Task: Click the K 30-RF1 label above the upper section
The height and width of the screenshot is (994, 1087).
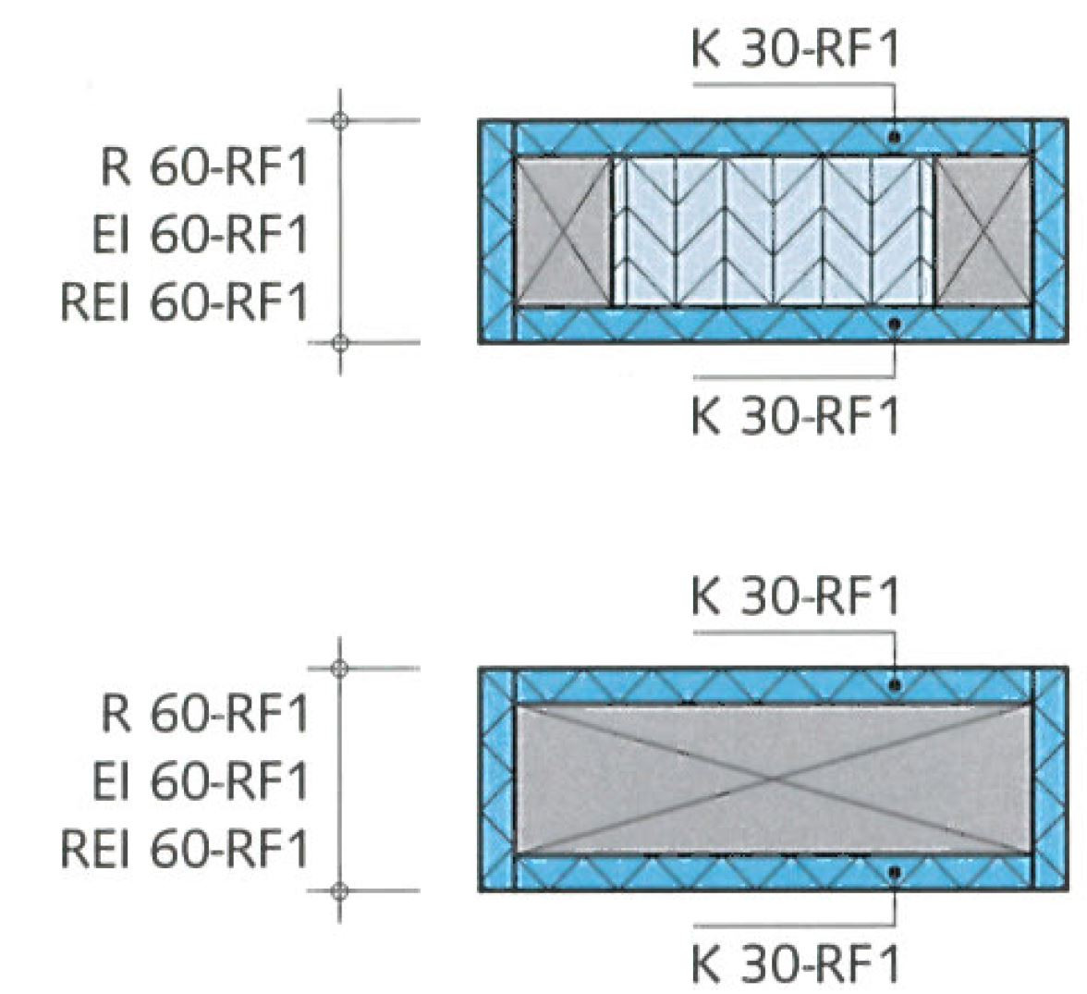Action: tap(794, 51)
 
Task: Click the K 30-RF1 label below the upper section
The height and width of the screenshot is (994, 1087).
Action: tap(794, 418)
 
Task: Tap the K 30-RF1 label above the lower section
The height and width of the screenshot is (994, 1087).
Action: tap(794, 597)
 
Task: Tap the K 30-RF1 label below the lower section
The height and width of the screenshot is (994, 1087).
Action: tap(794, 964)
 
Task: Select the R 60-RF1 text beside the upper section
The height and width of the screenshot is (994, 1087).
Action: tap(203, 168)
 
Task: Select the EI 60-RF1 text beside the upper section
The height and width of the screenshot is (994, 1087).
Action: tap(199, 235)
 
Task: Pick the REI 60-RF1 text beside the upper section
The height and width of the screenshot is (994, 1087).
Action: tap(183, 302)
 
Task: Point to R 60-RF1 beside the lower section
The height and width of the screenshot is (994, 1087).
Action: tap(203, 715)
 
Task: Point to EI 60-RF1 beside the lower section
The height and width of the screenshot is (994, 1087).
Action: tap(199, 781)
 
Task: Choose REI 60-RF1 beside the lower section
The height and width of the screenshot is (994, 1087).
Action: tap(183, 849)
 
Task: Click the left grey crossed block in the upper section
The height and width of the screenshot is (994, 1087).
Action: tap(562, 231)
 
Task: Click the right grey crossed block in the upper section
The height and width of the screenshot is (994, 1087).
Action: tap(983, 231)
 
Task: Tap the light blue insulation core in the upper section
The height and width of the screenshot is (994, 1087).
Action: tap(773, 231)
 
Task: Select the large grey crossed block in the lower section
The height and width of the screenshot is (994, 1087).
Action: tap(773, 779)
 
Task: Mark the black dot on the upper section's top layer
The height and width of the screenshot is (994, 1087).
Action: tap(894, 137)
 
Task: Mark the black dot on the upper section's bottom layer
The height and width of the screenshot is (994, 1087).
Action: tap(894, 324)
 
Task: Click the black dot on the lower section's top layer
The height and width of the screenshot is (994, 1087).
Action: tap(894, 685)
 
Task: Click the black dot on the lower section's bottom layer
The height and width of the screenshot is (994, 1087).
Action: tap(894, 872)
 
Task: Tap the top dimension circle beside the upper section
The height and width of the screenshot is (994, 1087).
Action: tap(340, 120)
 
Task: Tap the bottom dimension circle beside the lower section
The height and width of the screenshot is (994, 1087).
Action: tap(340, 891)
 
